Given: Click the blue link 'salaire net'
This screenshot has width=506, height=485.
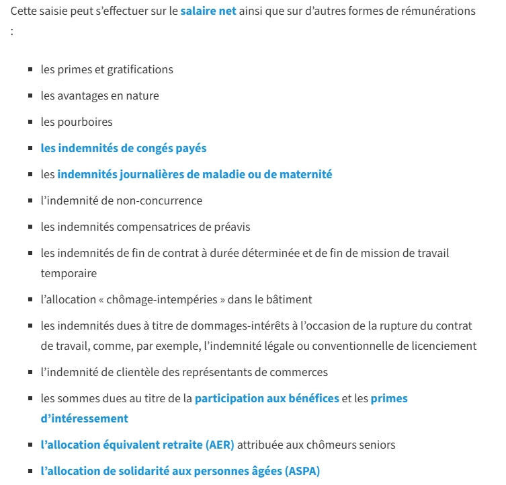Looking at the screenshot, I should click(208, 11).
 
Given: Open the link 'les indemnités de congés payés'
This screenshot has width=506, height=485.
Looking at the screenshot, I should click(124, 148).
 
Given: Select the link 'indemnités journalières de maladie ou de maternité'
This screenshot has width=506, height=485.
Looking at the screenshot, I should click(195, 174).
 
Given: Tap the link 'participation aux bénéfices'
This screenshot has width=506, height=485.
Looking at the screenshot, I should click(267, 398).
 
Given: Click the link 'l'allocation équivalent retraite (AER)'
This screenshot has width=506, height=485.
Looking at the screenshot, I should click(137, 445).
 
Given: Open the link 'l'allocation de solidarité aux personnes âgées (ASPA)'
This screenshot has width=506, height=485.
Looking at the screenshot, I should click(180, 471).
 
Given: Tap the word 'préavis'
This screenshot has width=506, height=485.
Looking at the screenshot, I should click(232, 227).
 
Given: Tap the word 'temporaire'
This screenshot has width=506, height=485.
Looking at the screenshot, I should click(69, 273).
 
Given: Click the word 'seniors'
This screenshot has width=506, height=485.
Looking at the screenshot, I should click(376, 445).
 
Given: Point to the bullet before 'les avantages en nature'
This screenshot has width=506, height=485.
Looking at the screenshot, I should click(31, 96).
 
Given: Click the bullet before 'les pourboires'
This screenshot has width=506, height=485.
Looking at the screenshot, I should click(31, 122).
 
